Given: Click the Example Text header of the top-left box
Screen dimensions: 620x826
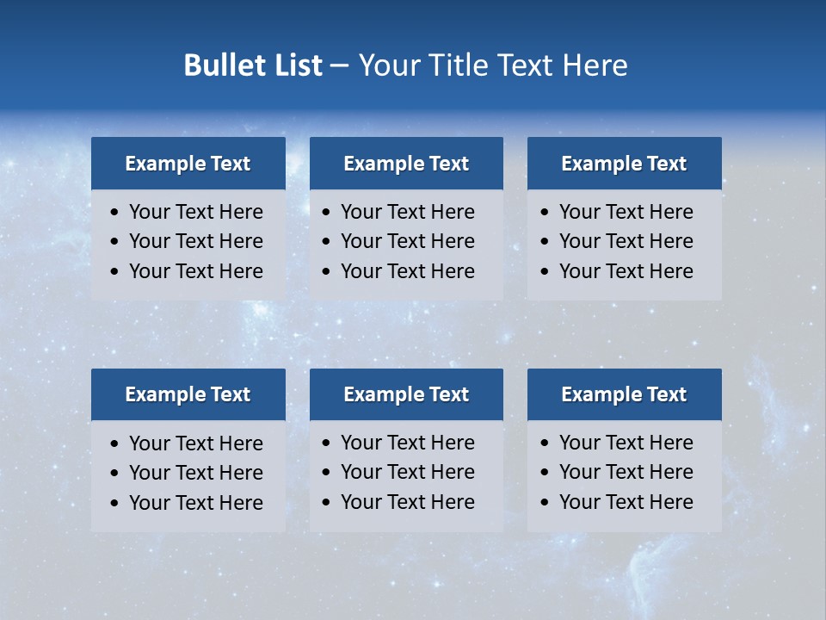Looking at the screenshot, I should tap(188, 164).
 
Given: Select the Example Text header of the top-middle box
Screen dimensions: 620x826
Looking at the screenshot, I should tap(406, 164).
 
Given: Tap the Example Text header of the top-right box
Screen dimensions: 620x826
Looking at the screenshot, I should tap(624, 164).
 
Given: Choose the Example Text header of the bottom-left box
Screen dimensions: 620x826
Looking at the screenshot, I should tap(188, 394).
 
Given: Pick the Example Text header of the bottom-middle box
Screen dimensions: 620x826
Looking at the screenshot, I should tap(406, 394).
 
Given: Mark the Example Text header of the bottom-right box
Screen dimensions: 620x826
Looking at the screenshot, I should tap(624, 394).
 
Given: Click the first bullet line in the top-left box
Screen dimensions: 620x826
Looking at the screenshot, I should tap(196, 212).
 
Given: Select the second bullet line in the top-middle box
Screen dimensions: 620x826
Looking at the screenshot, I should tap(408, 241).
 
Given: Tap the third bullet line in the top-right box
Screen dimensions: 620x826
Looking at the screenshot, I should tap(626, 271).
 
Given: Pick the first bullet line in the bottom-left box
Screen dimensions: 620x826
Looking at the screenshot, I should tap(196, 443).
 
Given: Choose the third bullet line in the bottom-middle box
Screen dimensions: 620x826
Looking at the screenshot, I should tap(408, 502).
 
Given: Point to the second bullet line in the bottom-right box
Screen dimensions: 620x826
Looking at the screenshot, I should tap(626, 472).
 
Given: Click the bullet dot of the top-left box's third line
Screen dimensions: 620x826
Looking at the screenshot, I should tap(115, 272).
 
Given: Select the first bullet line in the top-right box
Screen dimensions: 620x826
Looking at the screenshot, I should tap(626, 212).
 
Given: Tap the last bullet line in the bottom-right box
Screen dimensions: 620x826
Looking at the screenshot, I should tap(626, 502).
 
